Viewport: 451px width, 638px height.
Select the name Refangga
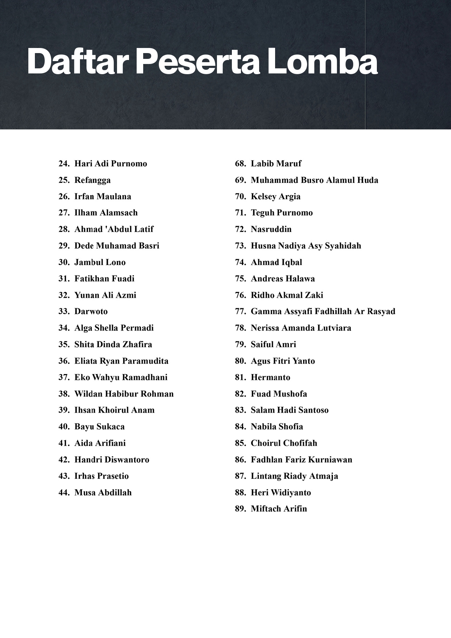pyautogui.click(x=92, y=180)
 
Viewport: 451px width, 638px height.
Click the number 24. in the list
pyautogui.click(x=64, y=164)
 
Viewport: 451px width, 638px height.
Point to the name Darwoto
pyautogui.click(x=91, y=312)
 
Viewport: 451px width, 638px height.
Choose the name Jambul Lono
pyautogui.click(x=100, y=262)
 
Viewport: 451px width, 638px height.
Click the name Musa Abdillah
pyautogui.click(x=103, y=493)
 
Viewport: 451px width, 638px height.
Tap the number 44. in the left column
pyautogui.click(x=64, y=493)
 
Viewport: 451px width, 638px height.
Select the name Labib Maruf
pyautogui.click(x=276, y=164)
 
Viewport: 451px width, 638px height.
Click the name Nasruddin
pyautogui.click(x=271, y=229)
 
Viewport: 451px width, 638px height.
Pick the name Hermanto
pyautogui.click(x=270, y=377)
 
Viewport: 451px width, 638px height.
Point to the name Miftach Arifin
pyautogui.click(x=279, y=509)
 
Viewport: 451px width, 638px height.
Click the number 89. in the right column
pyautogui.click(x=240, y=509)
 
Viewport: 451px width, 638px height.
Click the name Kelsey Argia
pyautogui.click(x=275, y=197)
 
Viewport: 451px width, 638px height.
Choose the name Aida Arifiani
pyautogui.click(x=100, y=443)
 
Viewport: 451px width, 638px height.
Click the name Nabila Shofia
pyautogui.click(x=277, y=427)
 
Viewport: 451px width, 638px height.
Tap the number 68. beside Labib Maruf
pyautogui.click(x=240, y=164)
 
